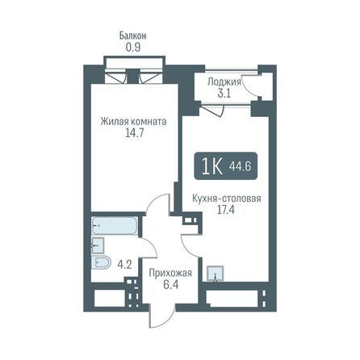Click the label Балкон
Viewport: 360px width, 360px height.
coord(133,36)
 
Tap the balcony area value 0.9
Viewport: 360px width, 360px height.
coord(133,47)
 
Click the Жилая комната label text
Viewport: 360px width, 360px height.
coord(133,122)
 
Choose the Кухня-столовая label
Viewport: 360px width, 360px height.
coord(226,198)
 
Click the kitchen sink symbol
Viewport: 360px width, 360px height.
coord(214,273)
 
